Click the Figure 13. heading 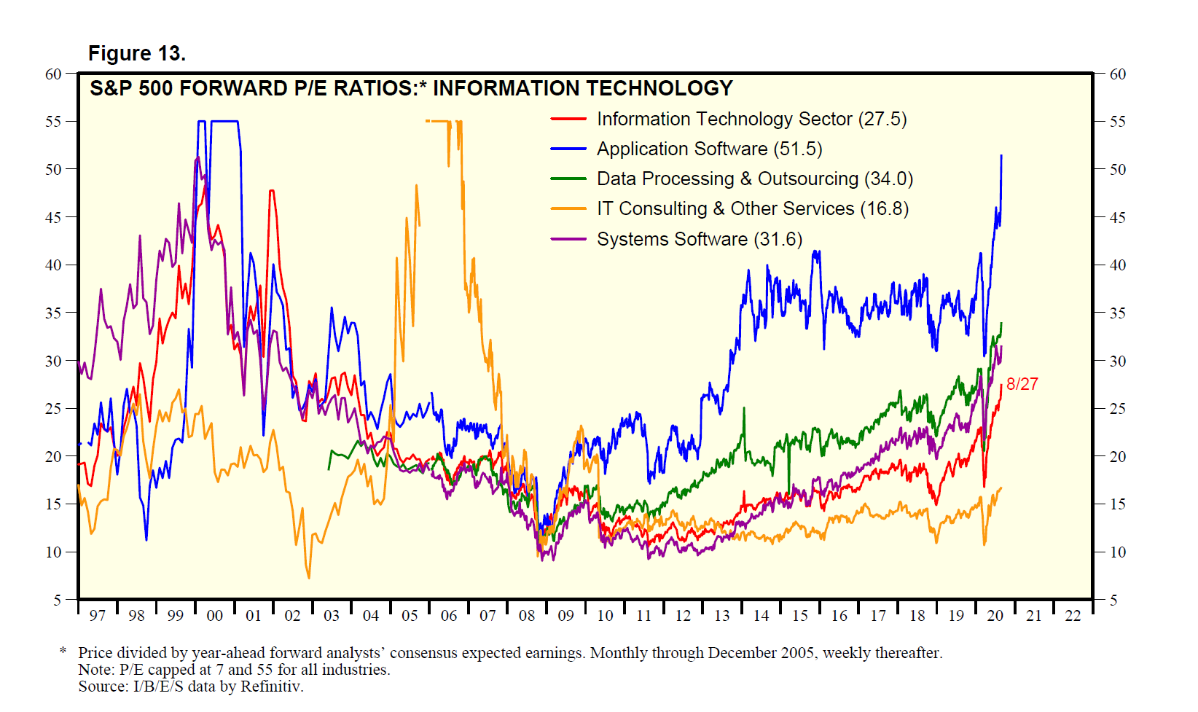pos(137,53)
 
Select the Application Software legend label pos(709,149)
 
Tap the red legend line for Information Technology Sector pos(568,119)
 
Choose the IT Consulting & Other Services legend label pos(752,208)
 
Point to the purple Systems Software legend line pos(568,239)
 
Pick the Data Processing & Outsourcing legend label pos(754,179)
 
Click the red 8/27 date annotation pos(1022,384)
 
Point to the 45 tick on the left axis pos(53,217)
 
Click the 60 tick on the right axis pos(1117,74)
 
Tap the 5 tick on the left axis pos(57,600)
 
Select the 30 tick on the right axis pos(1117,361)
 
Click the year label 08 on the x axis pos(526,616)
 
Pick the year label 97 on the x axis pos(97,616)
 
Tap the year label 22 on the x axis pos(1073,616)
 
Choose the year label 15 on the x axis pos(799,616)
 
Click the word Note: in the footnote pos(96,670)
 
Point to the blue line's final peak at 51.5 pos(1001,156)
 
